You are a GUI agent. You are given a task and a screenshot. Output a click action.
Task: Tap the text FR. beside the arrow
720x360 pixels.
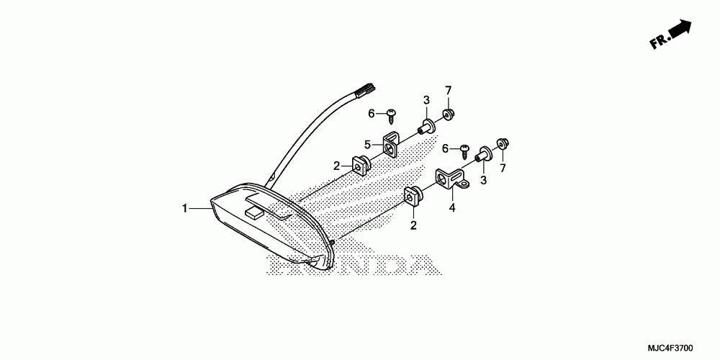(x=660, y=42)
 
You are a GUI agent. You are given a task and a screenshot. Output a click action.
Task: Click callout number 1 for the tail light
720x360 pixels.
(x=184, y=209)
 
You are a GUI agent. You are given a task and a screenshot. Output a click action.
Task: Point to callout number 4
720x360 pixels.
(x=451, y=209)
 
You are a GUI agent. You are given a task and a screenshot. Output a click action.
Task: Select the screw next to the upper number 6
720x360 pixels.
(x=392, y=113)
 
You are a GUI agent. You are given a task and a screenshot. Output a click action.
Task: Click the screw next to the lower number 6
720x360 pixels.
(x=464, y=148)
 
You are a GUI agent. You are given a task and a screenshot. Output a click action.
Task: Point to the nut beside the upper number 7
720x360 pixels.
(x=449, y=113)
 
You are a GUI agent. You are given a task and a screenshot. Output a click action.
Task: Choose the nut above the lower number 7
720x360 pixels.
(x=500, y=143)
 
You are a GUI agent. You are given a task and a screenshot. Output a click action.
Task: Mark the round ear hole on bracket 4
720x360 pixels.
(x=464, y=184)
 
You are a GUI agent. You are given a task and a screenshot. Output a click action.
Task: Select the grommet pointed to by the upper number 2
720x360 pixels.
(x=360, y=166)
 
